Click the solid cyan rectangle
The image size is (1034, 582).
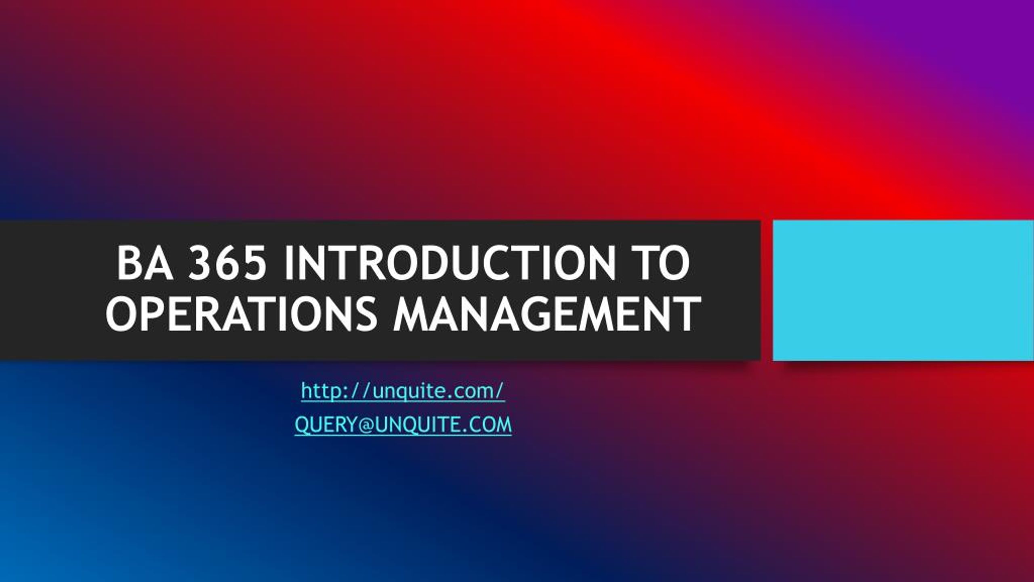tap(903, 290)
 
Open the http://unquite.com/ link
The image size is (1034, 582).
tap(403, 392)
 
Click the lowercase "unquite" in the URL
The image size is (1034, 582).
tap(404, 392)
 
